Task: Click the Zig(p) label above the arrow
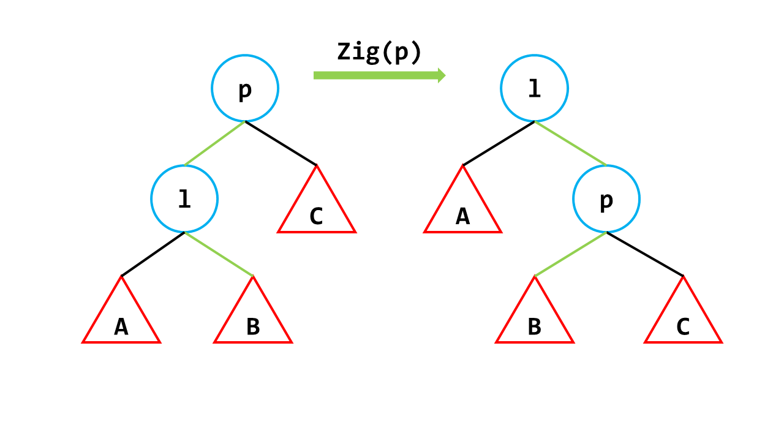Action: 379,53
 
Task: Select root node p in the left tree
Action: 245,88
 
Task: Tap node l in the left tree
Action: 184,199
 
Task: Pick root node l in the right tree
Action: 534,88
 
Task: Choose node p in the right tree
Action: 606,199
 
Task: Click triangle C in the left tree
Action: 317,211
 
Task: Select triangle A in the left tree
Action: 121,322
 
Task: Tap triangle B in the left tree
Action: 253,322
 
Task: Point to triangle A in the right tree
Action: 463,211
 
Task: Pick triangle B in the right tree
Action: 535,322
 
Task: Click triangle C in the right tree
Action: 683,322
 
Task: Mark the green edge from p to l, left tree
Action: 214,143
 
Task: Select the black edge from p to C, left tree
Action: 281,143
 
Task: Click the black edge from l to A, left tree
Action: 153,254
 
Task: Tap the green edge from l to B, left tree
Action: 219,254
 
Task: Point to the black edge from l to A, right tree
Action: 499,143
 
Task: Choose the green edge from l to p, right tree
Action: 570,143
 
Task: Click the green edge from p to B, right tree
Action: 570,254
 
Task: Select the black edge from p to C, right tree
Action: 644,254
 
